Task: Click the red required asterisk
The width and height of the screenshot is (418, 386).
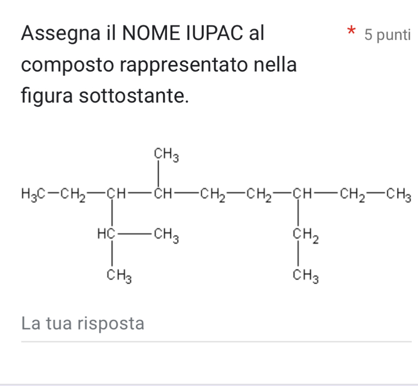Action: pos(351,30)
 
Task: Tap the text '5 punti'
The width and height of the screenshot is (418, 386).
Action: pos(387,35)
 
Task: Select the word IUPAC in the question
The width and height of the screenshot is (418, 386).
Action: pos(215,33)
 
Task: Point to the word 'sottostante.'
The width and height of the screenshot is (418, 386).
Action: pos(134,95)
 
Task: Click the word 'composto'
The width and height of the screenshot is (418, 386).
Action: pos(67,65)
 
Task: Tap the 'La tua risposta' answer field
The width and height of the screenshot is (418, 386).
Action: pos(216,324)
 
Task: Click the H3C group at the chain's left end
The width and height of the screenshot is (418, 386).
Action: pos(33,194)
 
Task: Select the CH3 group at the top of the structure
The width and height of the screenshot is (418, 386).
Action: pos(166,155)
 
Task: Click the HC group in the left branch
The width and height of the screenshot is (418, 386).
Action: pos(106,234)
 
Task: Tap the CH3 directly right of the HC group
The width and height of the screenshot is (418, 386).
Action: pos(166,235)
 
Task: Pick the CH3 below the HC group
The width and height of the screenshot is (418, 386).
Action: pos(119,275)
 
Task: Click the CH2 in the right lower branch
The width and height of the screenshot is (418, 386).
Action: pos(305,235)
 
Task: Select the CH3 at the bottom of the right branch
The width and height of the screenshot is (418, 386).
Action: pos(305,275)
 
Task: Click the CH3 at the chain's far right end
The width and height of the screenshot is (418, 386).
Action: pos(398,195)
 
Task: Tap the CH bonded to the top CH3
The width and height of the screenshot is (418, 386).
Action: pos(163,194)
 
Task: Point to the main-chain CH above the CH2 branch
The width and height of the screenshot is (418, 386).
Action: pos(302,194)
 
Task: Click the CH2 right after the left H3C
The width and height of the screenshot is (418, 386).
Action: pos(73,195)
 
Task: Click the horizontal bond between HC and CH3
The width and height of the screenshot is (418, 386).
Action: pos(135,234)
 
